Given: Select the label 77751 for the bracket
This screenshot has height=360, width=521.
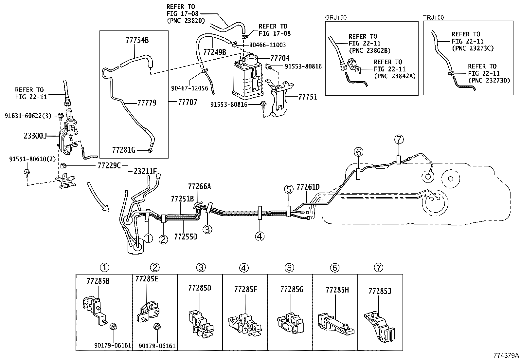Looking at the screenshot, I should coord(308,97).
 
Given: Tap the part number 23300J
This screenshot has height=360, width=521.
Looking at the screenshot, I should coord(35,136).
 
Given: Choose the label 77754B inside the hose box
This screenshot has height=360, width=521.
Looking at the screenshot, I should coord(137,40).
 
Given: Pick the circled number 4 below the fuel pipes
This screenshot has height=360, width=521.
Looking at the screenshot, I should coord(260,236).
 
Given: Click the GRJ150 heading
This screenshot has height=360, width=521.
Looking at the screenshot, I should coord(336,18).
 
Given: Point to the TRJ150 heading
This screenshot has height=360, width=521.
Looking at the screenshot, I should coord(434,18).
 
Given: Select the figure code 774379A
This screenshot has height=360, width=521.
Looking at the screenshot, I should coord(506,355).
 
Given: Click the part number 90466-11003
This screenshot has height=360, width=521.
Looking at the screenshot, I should coord(267,45).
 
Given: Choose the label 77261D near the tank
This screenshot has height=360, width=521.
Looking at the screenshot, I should coord(308,187).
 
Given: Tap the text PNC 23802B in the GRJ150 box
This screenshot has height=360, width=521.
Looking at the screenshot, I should coord(370,50).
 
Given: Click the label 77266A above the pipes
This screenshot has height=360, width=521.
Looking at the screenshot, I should coord(199,186).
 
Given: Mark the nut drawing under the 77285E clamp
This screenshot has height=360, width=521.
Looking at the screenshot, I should coord(157,327).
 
